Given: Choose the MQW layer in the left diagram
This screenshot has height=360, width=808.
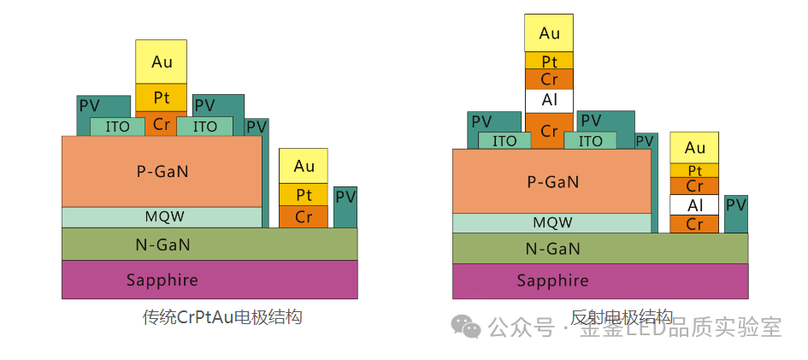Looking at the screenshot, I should pyautogui.click(x=162, y=217).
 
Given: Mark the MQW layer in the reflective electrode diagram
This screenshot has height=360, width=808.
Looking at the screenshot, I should pyautogui.click(x=551, y=222).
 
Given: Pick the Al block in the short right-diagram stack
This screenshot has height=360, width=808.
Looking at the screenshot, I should pyautogui.click(x=694, y=205).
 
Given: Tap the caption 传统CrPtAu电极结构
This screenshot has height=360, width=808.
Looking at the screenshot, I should pyautogui.click(x=222, y=317).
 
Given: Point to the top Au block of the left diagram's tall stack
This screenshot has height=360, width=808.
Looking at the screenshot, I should pyautogui.click(x=161, y=62).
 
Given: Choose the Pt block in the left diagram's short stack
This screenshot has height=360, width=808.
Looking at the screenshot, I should pyautogui.click(x=304, y=195).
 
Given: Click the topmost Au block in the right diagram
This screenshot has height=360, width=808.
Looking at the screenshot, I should pyautogui.click(x=549, y=33).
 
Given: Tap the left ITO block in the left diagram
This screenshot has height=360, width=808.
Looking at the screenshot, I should pyautogui.click(x=117, y=127).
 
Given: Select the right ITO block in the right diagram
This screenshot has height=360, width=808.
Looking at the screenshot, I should pyautogui.click(x=591, y=140).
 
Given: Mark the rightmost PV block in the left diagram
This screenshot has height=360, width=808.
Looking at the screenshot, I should pyautogui.click(x=345, y=207).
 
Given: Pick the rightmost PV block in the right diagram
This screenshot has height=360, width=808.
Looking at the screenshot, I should pyautogui.click(x=735, y=214).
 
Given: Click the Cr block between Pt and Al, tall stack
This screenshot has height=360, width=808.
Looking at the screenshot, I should pyautogui.click(x=549, y=80).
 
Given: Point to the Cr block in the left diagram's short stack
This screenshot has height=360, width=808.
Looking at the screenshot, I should pyautogui.click(x=304, y=216).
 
